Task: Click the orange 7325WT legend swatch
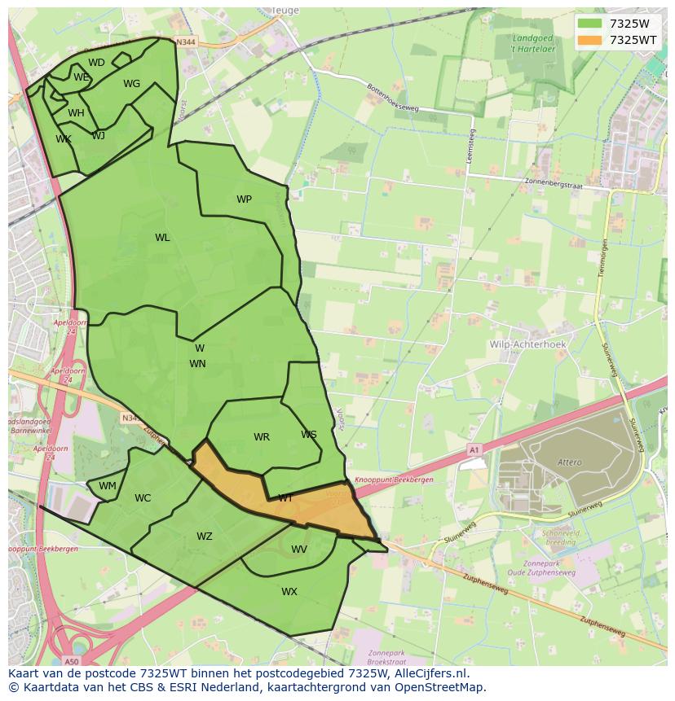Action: point(589,40)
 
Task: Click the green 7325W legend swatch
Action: point(589,24)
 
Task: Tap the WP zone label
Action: point(244,199)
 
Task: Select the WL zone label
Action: point(162,238)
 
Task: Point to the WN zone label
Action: point(197,364)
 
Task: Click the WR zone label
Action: point(261,437)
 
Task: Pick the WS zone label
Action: point(308,435)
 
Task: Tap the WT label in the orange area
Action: point(285,498)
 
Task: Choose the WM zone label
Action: point(108,486)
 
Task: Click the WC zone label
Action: point(143,498)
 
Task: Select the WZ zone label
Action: point(204,537)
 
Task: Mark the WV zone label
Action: point(299,550)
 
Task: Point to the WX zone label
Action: point(289,592)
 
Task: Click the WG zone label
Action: point(131,84)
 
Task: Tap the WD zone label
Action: point(96,63)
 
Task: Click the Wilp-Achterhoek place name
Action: point(527,344)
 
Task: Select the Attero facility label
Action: point(570,462)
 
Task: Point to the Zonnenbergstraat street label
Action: point(557,183)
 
